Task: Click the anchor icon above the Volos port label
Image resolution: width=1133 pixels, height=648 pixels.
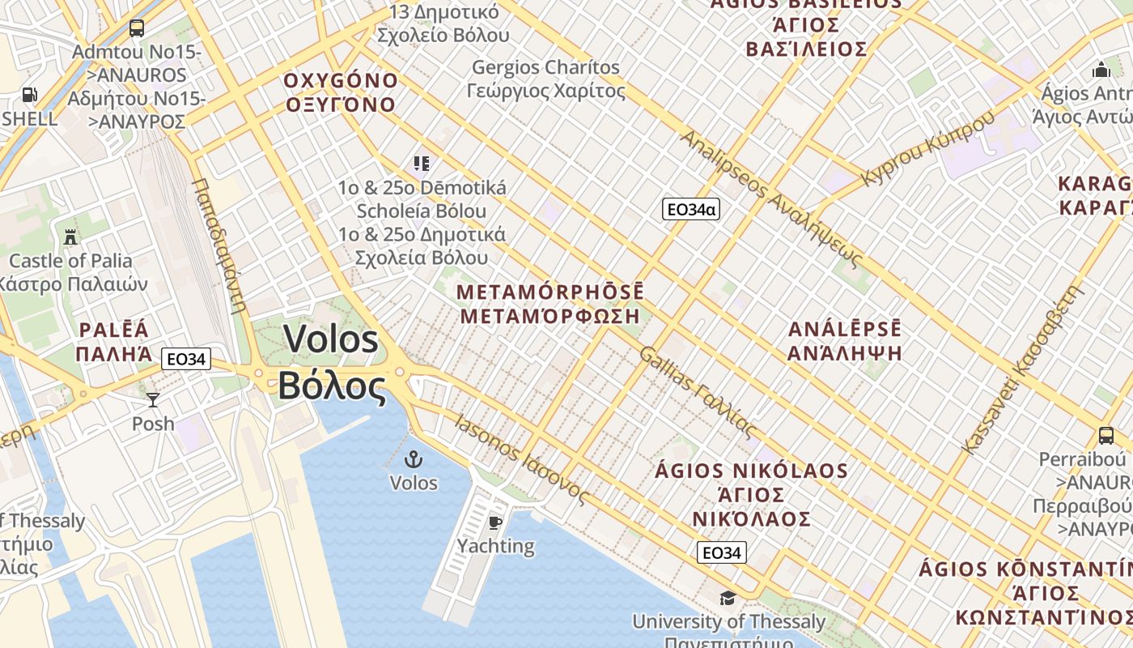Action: pos(414,459)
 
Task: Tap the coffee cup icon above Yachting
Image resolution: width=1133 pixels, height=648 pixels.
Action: pos(495,522)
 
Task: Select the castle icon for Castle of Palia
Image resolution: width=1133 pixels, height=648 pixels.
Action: pos(70,237)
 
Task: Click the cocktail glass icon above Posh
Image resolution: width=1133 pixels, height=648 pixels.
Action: pos(152,399)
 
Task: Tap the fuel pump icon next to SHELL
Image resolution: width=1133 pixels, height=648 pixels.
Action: pos(29,95)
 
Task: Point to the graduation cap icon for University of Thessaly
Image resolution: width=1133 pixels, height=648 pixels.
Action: pos(728,598)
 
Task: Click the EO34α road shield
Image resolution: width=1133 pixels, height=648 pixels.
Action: pos(690,210)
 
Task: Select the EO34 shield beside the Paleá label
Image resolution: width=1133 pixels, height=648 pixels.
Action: pos(185,358)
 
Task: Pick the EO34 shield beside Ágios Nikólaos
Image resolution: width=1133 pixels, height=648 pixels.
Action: pos(721,553)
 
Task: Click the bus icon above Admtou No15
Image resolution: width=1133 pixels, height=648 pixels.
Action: pos(137,28)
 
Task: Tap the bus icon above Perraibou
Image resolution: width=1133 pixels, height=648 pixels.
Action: pos(1105,436)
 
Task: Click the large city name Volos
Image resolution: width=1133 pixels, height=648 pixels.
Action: pos(331,339)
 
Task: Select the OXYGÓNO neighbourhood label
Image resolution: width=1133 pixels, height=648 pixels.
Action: pos(341,81)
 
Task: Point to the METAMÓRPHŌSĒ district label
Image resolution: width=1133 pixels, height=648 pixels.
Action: pos(550,292)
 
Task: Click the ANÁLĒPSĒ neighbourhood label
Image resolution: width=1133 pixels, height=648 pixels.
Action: pos(844,330)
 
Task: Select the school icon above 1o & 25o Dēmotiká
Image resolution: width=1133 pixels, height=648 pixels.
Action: pos(421,164)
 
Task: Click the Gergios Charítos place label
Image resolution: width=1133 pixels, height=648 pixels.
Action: pos(545,68)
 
